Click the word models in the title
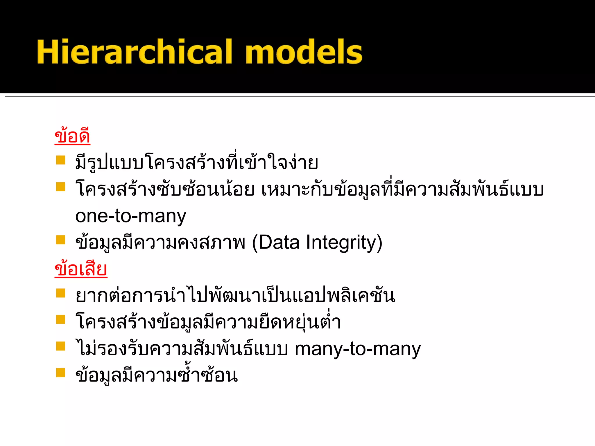pyautogui.click(x=304, y=52)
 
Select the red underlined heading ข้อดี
pyautogui.click(x=72, y=136)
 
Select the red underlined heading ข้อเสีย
pyautogui.click(x=81, y=269)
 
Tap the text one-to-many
pyautogui.click(x=131, y=216)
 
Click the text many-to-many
pyautogui.click(x=358, y=349)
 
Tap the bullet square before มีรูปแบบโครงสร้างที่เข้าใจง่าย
pyautogui.click(x=60, y=160)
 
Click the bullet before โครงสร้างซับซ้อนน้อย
pyautogui.click(x=60, y=187)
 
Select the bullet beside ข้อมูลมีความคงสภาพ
pyautogui.click(x=60, y=240)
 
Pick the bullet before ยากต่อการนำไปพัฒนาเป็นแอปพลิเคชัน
pyautogui.click(x=60, y=293)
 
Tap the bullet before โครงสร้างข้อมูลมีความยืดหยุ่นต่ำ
pyautogui.click(x=60, y=320)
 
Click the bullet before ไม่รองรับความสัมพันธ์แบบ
pyautogui.click(x=60, y=346)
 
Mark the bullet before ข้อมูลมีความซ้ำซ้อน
pyautogui.click(x=60, y=373)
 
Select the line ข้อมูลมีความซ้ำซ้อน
pyautogui.click(x=156, y=375)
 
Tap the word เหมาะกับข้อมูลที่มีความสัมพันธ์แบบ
pyautogui.click(x=402, y=189)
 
